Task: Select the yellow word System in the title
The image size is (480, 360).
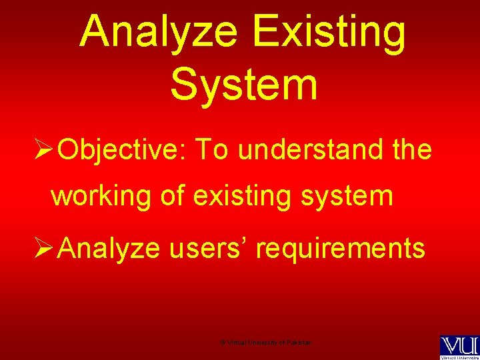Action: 243,85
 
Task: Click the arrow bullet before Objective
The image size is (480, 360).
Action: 44,151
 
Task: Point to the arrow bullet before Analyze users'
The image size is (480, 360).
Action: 44,249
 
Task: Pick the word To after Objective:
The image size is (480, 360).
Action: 212,151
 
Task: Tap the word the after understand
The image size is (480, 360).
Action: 412,151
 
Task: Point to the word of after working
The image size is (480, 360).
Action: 173,197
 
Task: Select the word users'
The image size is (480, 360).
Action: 207,249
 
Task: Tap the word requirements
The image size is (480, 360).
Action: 341,249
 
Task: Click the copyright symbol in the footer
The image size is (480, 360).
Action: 222,342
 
